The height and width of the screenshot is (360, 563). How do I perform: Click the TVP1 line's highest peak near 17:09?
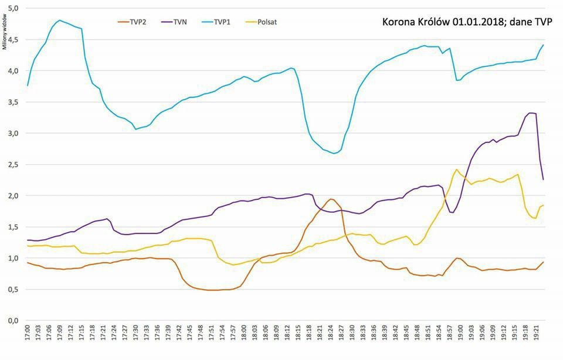(x=60, y=21)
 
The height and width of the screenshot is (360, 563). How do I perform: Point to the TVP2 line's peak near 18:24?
(x=331, y=199)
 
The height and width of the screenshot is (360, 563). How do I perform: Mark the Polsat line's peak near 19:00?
(x=456, y=169)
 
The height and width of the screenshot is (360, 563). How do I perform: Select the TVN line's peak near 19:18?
(x=531, y=113)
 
